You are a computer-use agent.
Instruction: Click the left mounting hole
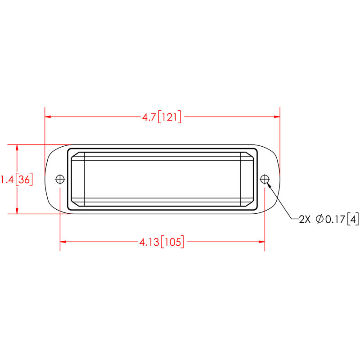(60, 179)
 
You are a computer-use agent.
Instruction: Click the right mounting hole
(264, 179)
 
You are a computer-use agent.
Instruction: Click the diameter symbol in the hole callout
(319, 220)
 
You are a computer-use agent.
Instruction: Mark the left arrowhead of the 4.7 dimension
(48, 117)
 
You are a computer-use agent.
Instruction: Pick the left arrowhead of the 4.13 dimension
(63, 242)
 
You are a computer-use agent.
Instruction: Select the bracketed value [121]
(170, 117)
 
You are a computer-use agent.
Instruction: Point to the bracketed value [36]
(24, 180)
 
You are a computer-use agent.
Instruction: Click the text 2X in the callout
(304, 220)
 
